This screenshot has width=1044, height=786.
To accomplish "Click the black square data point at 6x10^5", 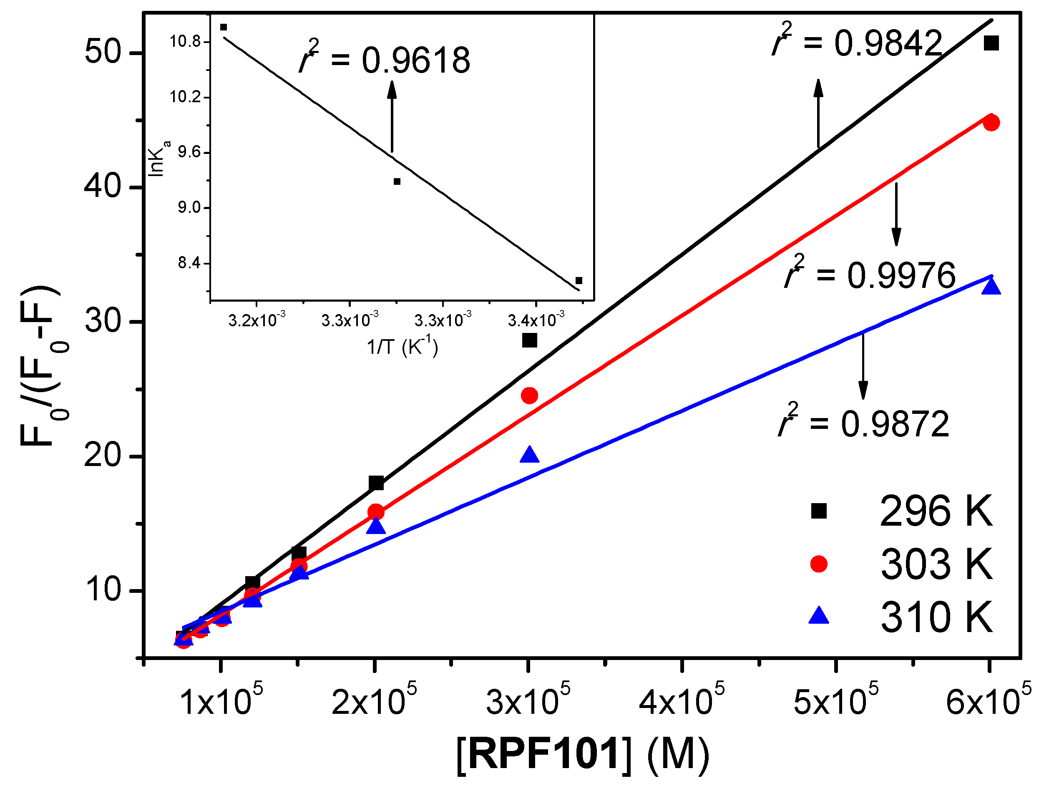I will point(991,43).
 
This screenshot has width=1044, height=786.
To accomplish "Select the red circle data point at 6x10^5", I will point(991,122).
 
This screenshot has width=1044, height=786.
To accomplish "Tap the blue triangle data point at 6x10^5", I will point(991,287).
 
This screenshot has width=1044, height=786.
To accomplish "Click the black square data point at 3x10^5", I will point(530,340).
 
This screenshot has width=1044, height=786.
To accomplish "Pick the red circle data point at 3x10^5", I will point(530,396).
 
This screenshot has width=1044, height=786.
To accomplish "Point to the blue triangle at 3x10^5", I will point(530,455).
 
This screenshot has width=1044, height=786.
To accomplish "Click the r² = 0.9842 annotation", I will point(857,43).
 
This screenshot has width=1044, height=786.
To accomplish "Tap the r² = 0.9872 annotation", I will point(863,423).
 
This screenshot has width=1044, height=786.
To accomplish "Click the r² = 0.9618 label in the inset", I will point(385,60).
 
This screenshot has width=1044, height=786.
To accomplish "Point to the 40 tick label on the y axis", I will point(103,186).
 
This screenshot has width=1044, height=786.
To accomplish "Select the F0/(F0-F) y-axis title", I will point(40,366).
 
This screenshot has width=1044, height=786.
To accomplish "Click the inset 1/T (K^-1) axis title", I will point(402,347).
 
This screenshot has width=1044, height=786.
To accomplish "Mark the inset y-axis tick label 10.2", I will point(185,97).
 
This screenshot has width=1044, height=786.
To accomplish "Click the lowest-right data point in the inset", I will point(579,280).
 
